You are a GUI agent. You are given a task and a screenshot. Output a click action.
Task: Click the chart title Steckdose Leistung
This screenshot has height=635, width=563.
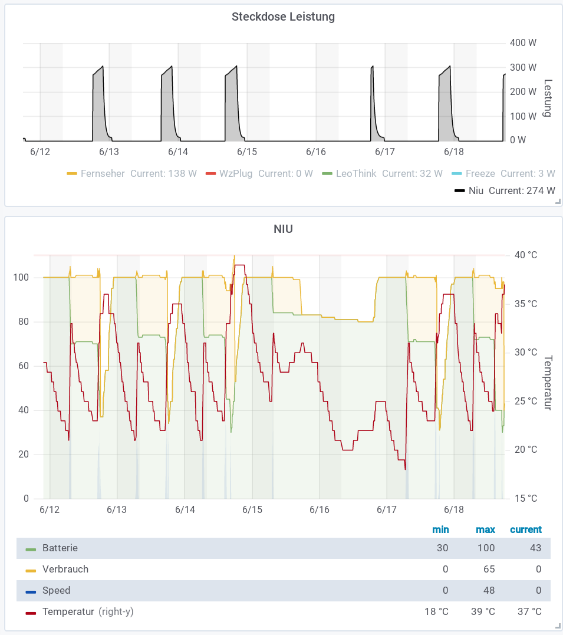pos(283,17)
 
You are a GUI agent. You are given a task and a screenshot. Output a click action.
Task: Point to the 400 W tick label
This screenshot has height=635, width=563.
pos(523,42)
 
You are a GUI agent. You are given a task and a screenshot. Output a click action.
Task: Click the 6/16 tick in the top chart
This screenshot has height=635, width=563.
pos(316,152)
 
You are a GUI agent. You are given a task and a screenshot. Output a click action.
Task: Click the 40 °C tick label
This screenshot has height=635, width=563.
pos(525,255)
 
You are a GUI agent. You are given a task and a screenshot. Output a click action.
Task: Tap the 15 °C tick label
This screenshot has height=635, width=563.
pos(525,498)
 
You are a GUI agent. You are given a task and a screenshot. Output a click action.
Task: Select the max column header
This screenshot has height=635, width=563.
pos(486,529)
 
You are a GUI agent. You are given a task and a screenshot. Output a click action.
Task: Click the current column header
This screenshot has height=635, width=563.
pos(525,529)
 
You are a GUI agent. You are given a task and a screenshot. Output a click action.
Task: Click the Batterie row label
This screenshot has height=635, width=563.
pos(60,548)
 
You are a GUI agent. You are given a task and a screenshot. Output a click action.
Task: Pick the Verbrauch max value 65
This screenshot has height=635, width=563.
pos(489,569)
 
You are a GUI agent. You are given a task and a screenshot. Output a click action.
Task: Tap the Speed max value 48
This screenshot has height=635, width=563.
pos(489,590)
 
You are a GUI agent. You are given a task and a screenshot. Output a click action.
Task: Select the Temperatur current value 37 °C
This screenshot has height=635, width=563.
pos(529,611)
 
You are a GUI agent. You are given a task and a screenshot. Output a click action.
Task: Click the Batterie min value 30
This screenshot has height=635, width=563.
pos(442,548)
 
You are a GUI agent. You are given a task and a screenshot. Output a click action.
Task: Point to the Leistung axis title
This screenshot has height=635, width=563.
pos(548,98)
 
